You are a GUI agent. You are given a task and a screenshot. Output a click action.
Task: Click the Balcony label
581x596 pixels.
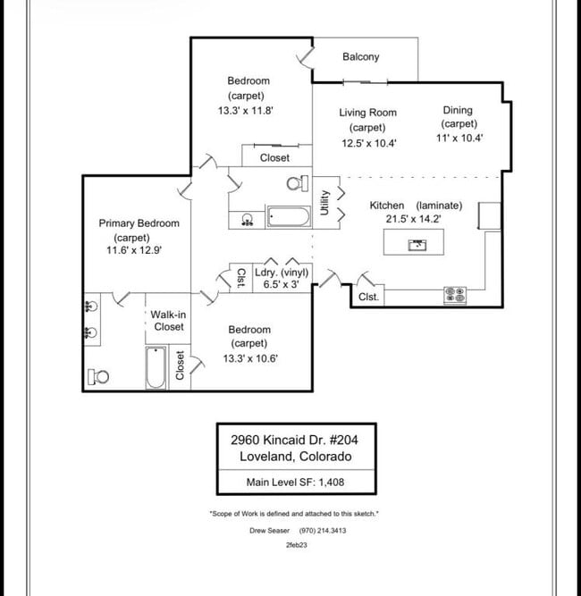point(360,57)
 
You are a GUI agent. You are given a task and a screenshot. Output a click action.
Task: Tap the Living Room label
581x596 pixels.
point(367,113)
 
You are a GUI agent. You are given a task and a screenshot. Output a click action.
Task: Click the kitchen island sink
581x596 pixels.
point(416,244)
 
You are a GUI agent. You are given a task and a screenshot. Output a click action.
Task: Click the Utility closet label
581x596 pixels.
point(325,203)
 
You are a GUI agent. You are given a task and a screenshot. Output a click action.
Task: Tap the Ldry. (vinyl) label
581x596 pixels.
point(282,273)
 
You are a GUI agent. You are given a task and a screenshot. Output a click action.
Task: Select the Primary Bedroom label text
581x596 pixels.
point(139,223)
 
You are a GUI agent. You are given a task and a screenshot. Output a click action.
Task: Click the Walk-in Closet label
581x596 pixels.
point(168,321)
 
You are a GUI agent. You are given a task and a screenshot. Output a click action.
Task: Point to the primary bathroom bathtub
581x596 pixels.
point(156,367)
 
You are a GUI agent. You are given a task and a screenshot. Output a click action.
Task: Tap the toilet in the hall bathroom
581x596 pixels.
point(295,184)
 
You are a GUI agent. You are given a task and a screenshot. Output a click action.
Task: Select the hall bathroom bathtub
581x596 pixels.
point(288,217)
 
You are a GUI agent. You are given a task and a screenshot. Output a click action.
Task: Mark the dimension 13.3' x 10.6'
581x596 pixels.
point(249,359)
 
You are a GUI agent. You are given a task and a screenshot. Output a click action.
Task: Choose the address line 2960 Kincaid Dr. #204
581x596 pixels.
point(295,440)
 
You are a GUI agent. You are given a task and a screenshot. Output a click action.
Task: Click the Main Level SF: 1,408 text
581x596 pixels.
point(295,483)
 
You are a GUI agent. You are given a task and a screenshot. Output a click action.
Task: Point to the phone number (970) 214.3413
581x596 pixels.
point(324,530)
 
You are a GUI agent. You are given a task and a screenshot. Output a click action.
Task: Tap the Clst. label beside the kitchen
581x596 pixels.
point(369,297)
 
